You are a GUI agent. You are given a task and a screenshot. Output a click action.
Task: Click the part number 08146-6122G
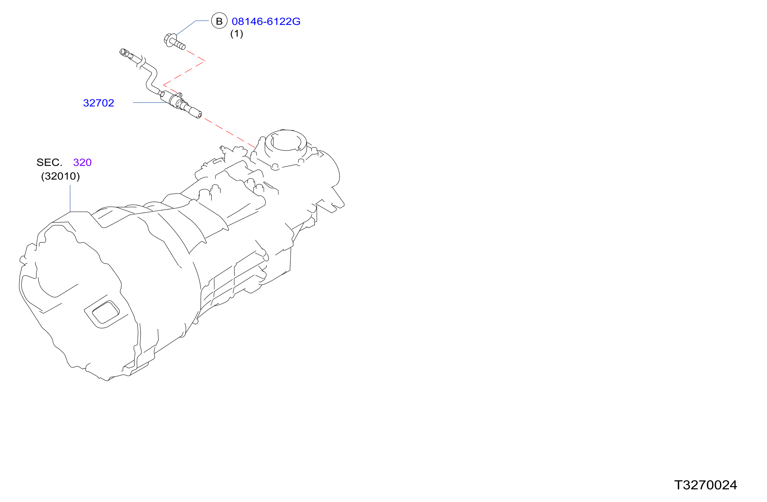(x=266, y=21)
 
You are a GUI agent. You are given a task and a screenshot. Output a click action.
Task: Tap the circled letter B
(x=219, y=21)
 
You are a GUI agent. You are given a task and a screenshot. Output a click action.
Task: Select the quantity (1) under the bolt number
(x=236, y=33)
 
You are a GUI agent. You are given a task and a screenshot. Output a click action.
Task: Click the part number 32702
(x=98, y=103)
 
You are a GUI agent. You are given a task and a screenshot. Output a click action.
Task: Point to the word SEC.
(x=49, y=162)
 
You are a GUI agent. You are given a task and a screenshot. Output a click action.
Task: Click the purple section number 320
(x=82, y=162)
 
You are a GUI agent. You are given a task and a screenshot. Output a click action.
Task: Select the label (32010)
(x=61, y=176)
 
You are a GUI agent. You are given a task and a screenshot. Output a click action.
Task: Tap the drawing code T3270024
(x=705, y=485)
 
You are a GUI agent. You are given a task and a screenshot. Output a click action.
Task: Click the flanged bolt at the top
(x=174, y=41)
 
